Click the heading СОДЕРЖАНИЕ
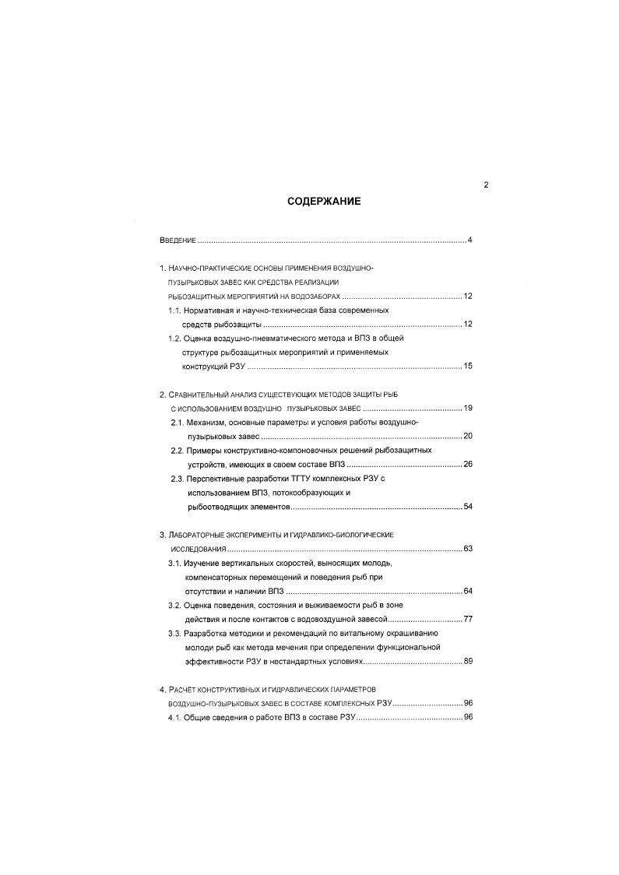click(x=324, y=201)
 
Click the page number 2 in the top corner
click(x=486, y=184)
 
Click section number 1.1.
click(x=175, y=310)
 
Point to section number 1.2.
click(x=175, y=338)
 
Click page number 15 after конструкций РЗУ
click(x=468, y=366)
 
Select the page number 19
click(x=468, y=408)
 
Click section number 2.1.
click(x=178, y=422)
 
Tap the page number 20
click(x=468, y=436)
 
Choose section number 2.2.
click(x=178, y=450)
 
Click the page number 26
click(x=468, y=464)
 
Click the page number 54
click(x=468, y=507)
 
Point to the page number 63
click(x=468, y=549)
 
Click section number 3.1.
click(x=175, y=563)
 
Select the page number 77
click(x=468, y=619)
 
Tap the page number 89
click(x=468, y=661)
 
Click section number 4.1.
click(x=175, y=717)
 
